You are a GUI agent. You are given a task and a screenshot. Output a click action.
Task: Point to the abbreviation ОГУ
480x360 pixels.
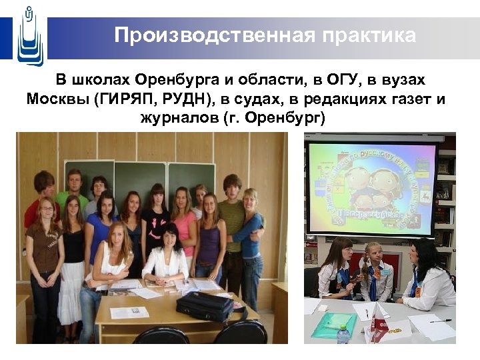click(x=343, y=81)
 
